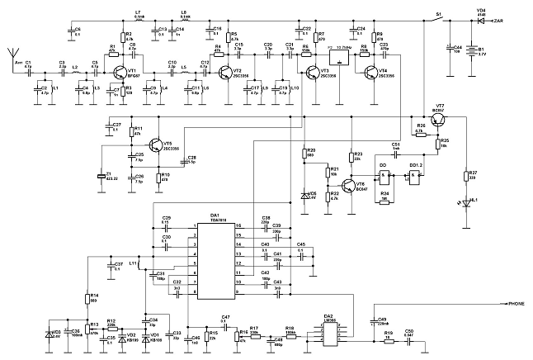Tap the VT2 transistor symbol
(229, 73)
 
